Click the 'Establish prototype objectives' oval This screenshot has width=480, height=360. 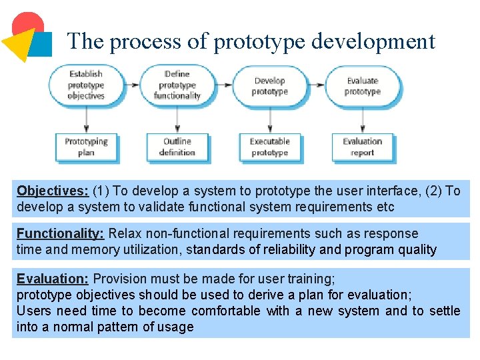point(86,85)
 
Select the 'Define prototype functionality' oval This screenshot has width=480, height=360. point(177,85)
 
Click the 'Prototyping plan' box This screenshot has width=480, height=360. point(86,147)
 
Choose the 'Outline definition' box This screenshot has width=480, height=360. point(177,147)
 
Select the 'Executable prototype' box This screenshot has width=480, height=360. point(269,147)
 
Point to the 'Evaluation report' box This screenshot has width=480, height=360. point(362,147)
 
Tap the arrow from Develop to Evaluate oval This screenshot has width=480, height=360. point(316,85)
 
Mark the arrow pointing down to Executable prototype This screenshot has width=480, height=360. point(269,120)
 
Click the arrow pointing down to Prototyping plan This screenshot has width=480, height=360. point(86,120)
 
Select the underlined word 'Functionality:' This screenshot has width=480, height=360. point(60,233)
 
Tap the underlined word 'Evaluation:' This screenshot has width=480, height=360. point(53,279)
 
